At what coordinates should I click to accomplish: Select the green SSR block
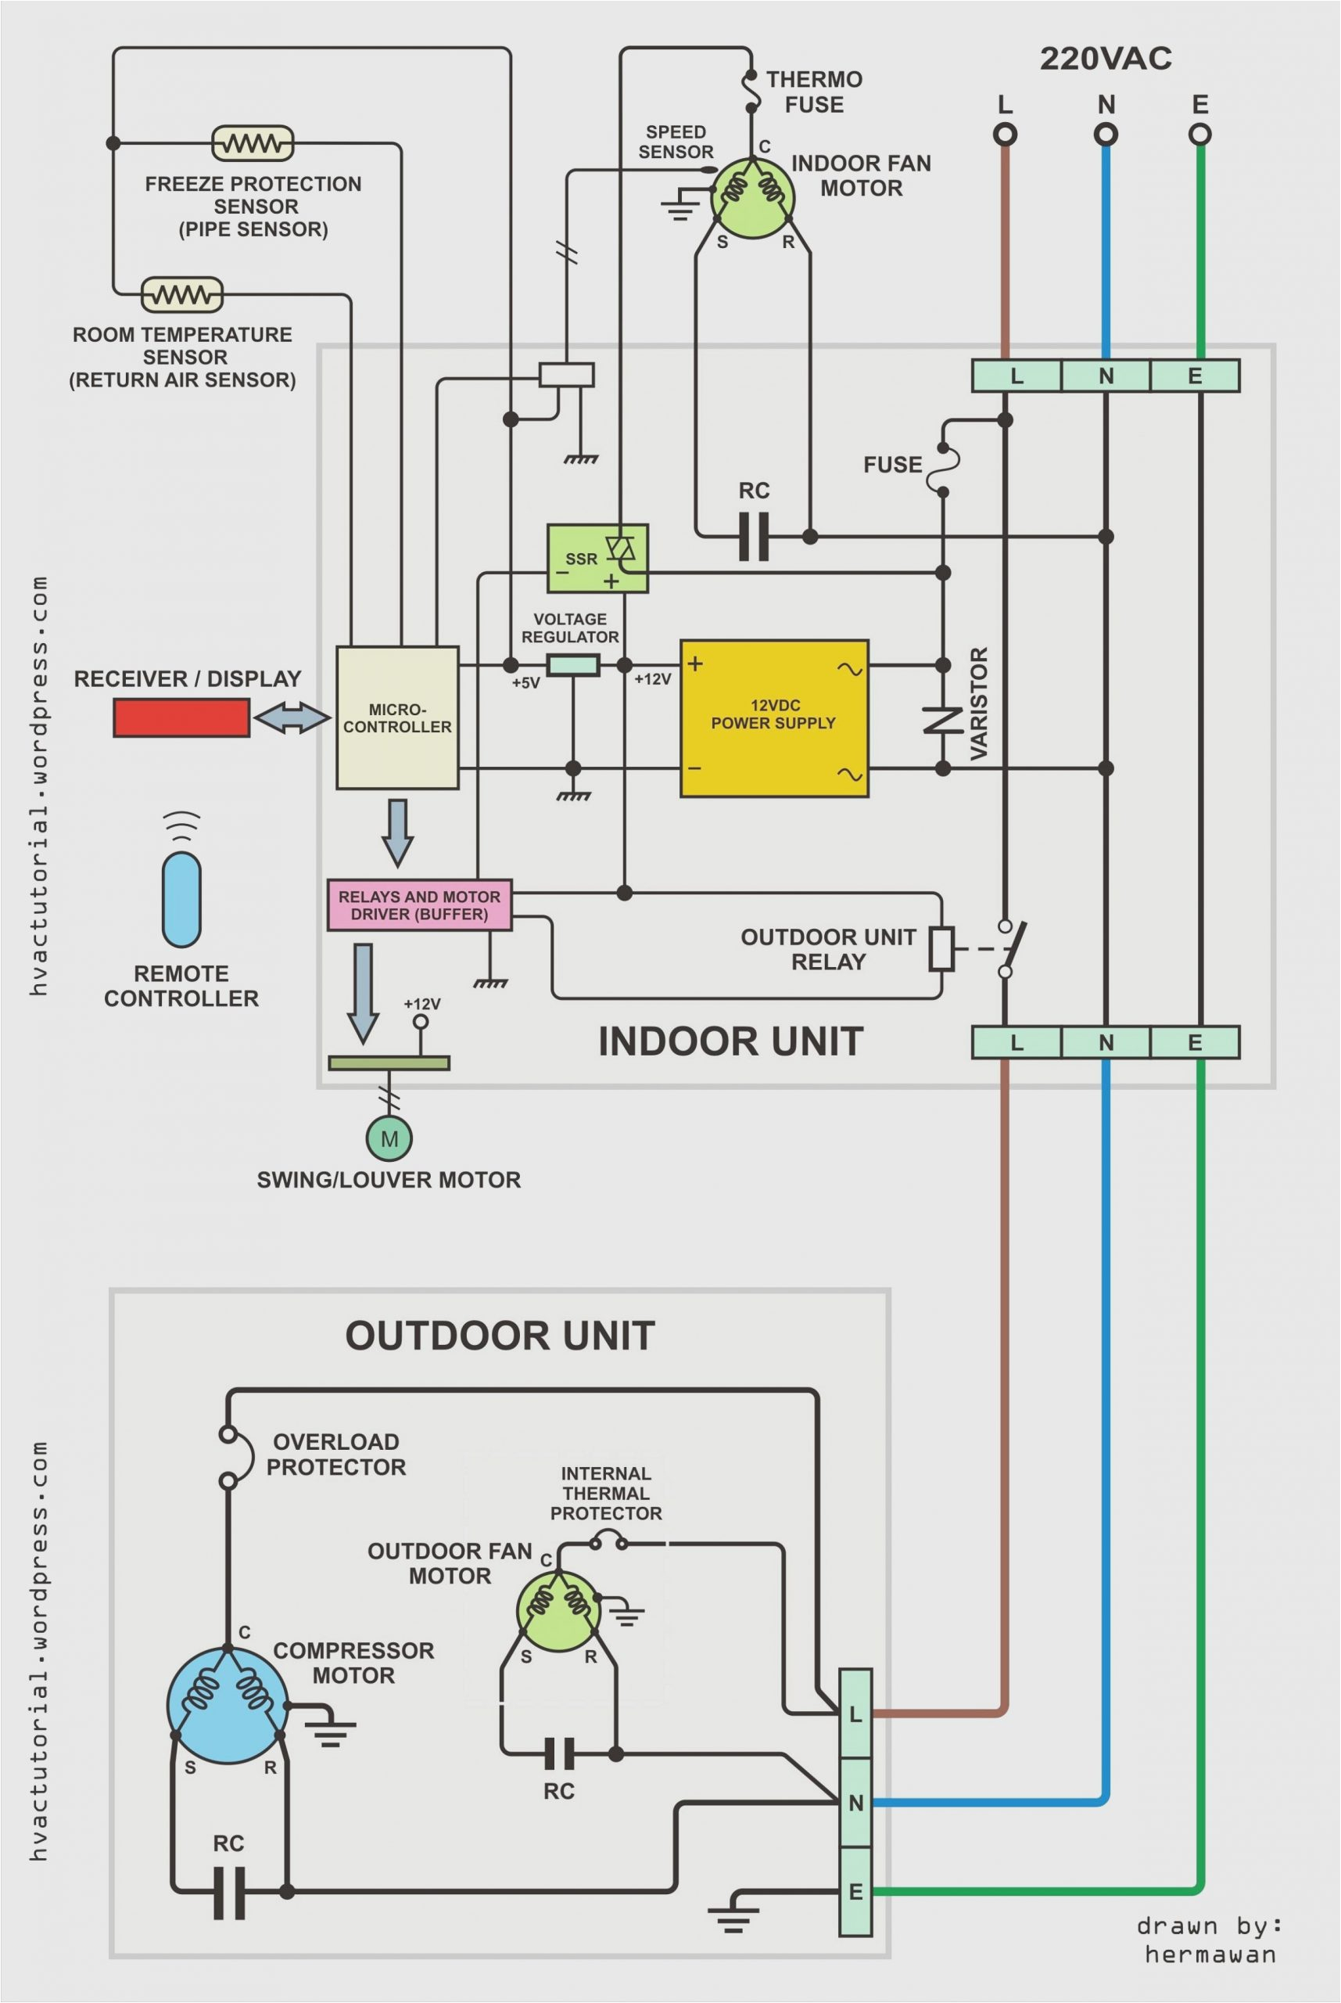pyautogui.click(x=597, y=558)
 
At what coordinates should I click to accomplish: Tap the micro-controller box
pyautogui.click(x=397, y=717)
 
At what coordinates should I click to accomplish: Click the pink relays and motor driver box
pyautogui.click(x=419, y=904)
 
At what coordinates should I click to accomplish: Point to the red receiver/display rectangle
pyautogui.click(x=181, y=717)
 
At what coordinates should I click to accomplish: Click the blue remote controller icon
pyautogui.click(x=181, y=898)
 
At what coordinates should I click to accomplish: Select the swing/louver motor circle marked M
pyautogui.click(x=389, y=1139)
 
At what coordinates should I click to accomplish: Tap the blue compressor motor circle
pyautogui.click(x=228, y=1705)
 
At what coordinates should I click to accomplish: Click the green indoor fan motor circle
pyautogui.click(x=751, y=198)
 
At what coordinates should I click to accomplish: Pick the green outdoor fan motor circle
pyautogui.click(x=558, y=1611)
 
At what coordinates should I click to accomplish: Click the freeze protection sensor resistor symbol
pyautogui.click(x=253, y=143)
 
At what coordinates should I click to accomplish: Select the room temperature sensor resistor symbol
pyautogui.click(x=181, y=295)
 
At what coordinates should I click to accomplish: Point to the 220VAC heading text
pyautogui.click(x=1105, y=58)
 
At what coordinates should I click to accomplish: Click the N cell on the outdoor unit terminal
pyautogui.click(x=855, y=1802)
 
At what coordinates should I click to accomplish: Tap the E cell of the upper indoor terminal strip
pyautogui.click(x=1195, y=376)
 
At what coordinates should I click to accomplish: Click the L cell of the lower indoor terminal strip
pyautogui.click(x=1016, y=1042)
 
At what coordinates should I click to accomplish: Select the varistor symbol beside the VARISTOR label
pyautogui.click(x=942, y=720)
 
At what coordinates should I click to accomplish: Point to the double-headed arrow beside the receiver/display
pyautogui.click(x=292, y=717)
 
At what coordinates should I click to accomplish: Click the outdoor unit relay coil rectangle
pyautogui.click(x=941, y=948)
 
